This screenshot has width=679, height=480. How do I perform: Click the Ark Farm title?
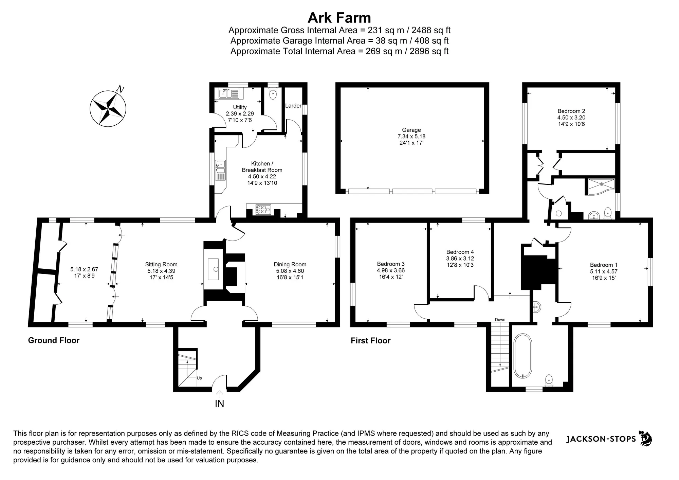point(339,17)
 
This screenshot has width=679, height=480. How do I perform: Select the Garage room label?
point(411,130)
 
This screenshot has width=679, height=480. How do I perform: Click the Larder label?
point(293,106)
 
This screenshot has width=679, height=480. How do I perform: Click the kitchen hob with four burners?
point(263,210)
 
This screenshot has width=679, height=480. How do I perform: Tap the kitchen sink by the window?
point(220,170)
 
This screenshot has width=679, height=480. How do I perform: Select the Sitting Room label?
point(161,264)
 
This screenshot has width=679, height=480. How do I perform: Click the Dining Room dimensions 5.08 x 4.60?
point(290,271)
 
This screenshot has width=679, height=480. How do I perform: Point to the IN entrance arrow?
point(220,393)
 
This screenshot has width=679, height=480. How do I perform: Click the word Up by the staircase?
point(199,378)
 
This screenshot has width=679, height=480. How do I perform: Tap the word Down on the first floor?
point(500,320)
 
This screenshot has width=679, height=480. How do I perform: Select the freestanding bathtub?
point(523,356)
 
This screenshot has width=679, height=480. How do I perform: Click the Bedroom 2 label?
point(571,111)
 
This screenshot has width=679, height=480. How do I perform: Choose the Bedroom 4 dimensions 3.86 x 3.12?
point(460,259)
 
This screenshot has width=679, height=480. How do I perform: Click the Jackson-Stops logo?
point(609,439)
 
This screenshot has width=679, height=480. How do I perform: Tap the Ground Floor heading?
point(54,340)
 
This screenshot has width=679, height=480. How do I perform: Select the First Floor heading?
point(371,340)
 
